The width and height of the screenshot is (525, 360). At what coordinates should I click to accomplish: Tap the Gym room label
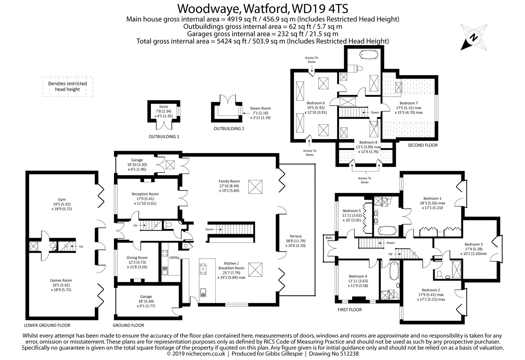(x=62, y=199)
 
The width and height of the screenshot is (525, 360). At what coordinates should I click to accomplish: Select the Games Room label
(x=61, y=280)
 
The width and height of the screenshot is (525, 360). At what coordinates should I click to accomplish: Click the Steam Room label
(x=260, y=108)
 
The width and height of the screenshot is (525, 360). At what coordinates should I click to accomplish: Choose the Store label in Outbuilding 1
(x=163, y=107)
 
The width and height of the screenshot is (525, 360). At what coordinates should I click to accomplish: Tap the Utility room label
(x=174, y=257)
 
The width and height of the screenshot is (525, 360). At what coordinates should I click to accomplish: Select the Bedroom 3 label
(x=473, y=244)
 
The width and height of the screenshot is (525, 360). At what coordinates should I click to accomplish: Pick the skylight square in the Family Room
(x=255, y=187)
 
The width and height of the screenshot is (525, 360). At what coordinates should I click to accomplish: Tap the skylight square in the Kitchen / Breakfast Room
(x=255, y=270)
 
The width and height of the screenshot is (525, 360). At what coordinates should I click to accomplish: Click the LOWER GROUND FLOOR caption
(x=47, y=325)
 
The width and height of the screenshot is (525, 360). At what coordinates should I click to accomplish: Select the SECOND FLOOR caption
(x=423, y=145)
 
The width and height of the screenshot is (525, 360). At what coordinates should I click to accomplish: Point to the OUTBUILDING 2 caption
(x=229, y=129)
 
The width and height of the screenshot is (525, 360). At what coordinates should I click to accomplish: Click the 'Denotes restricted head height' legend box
(x=68, y=87)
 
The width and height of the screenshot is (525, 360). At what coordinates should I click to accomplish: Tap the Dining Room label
(x=137, y=258)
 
